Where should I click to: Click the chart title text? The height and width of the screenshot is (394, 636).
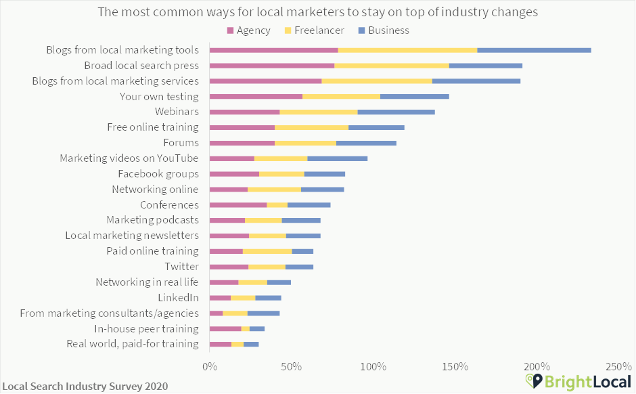point(318,12)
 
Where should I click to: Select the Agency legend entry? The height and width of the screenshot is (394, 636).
point(248,30)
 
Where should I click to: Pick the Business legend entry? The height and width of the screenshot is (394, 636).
point(383,30)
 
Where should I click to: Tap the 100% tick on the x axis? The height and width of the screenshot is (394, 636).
point(373,366)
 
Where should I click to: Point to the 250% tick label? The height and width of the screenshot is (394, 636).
point(618,366)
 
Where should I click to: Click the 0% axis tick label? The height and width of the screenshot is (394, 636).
point(210,366)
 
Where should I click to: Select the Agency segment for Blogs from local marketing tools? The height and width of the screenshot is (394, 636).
point(273,50)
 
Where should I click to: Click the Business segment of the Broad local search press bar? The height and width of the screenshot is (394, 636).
point(485,66)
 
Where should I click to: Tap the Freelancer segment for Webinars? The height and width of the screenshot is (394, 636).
point(318,112)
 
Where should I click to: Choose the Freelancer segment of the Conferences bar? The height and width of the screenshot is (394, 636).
point(277,204)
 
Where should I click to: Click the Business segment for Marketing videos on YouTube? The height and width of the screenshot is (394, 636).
point(337,158)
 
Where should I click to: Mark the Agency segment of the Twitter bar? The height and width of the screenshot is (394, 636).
point(229,267)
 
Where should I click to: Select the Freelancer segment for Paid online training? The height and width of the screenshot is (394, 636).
point(267,251)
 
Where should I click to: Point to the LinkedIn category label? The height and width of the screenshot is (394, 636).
point(178,298)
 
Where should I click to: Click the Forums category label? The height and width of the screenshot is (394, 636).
point(181,143)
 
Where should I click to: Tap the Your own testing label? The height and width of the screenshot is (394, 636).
point(158,96)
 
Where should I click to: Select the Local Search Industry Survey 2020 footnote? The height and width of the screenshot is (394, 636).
point(85,386)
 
